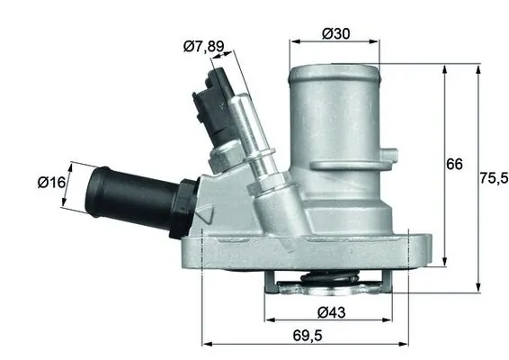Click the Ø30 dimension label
point(335,34)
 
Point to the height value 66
point(456,165)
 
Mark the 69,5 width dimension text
point(308,337)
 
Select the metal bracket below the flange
point(333,289)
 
